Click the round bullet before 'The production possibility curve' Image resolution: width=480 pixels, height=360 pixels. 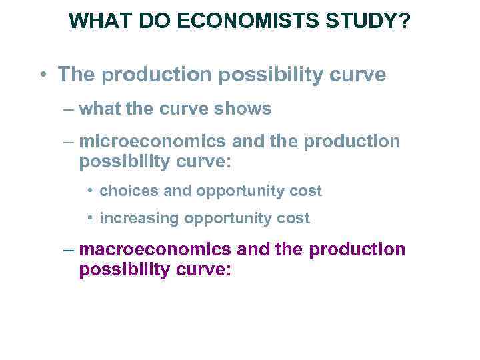[x=42, y=75]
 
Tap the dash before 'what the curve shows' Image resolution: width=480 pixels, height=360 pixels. [x=67, y=109]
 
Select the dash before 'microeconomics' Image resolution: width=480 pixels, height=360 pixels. [x=67, y=142]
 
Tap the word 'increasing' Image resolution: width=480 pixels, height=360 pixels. [x=139, y=218]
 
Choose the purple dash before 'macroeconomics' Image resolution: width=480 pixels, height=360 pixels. [x=67, y=251]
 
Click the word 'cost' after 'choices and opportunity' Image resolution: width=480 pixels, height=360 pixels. [x=307, y=191]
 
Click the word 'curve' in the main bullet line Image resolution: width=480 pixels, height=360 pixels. [x=359, y=74]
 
